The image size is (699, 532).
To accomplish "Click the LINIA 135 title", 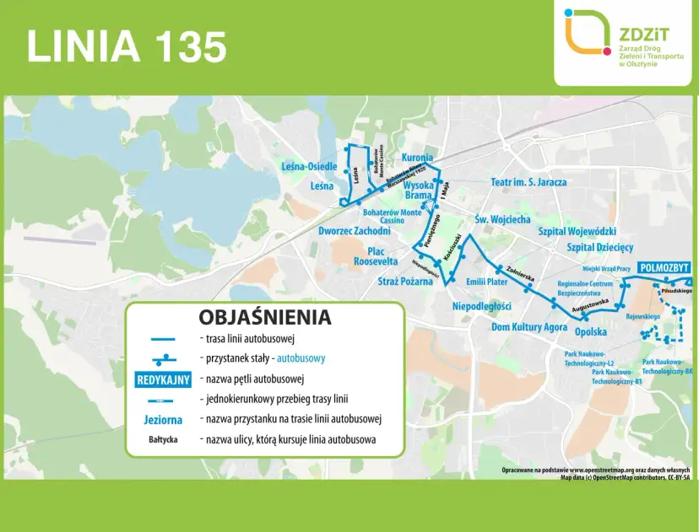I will tap(127, 46).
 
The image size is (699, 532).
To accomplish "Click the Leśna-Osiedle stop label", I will tap(309, 167).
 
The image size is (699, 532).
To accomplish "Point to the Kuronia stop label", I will tap(417, 158).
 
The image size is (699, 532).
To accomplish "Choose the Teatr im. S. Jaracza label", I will tap(528, 181).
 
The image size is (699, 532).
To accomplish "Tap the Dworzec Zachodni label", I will tap(354, 230).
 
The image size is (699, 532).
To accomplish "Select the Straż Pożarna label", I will tap(404, 281).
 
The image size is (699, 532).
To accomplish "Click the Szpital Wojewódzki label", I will tap(577, 231).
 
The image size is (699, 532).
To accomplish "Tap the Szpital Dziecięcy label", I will tap(599, 248).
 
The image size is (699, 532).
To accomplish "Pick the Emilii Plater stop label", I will tap(487, 282).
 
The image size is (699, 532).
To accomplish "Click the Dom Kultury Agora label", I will tap(529, 326).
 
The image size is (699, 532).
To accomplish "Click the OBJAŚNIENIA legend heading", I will tap(264, 318).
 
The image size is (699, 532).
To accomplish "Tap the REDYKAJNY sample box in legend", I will tap(163, 379).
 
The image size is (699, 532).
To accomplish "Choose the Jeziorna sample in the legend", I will tap(163, 419).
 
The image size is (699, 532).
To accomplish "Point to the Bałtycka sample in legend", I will tap(163, 439).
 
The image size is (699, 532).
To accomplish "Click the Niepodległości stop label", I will tap(482, 305).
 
